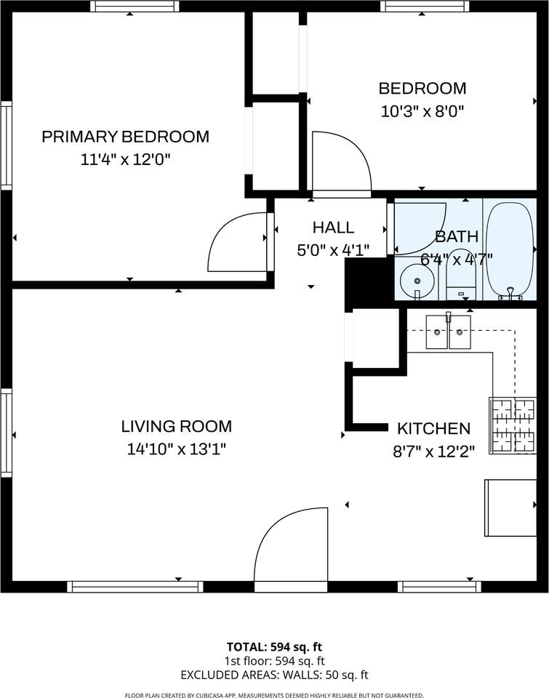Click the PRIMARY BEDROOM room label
pos(125,136)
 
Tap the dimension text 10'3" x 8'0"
pos(422,111)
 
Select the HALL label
pos(333,227)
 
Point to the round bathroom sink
pos(416,278)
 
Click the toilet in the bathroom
pos(459,273)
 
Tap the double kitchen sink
pos(448,332)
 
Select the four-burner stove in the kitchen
pos(512,425)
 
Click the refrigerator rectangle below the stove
pos(510,507)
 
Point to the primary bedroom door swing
pos(239,242)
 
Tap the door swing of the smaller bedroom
pos(340,161)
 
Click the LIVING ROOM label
pos(176,426)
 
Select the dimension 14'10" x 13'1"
pos(176,449)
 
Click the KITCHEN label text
pos(433,428)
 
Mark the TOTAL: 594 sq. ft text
pos(274,646)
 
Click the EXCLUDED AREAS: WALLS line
pos(274,674)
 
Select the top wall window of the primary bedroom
pos(135,6)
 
